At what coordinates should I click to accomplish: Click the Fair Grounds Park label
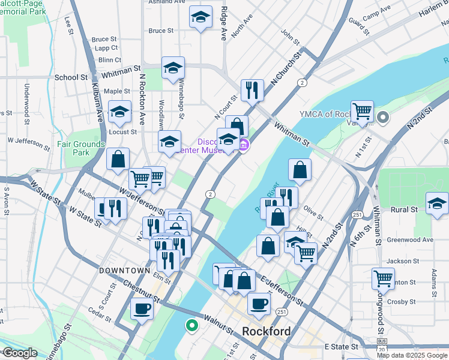(x=81, y=148)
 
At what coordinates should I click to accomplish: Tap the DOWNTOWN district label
(x=124, y=271)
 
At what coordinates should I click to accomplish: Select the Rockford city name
(x=267, y=331)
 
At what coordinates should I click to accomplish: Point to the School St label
(x=71, y=77)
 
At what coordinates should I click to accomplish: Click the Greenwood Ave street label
(x=410, y=240)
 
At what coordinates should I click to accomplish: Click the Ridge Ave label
(x=223, y=23)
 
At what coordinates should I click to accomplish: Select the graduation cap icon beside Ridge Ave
(x=200, y=17)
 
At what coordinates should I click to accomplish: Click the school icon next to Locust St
(x=120, y=112)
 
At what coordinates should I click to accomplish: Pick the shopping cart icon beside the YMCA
(x=362, y=112)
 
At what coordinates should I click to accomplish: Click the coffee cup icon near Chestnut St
(x=142, y=309)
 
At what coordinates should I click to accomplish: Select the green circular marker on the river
(x=191, y=326)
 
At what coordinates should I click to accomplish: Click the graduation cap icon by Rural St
(x=436, y=204)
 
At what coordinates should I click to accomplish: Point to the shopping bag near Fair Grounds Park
(x=118, y=160)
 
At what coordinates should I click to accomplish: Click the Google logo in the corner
(x=19, y=353)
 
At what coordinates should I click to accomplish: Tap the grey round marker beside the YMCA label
(x=383, y=117)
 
